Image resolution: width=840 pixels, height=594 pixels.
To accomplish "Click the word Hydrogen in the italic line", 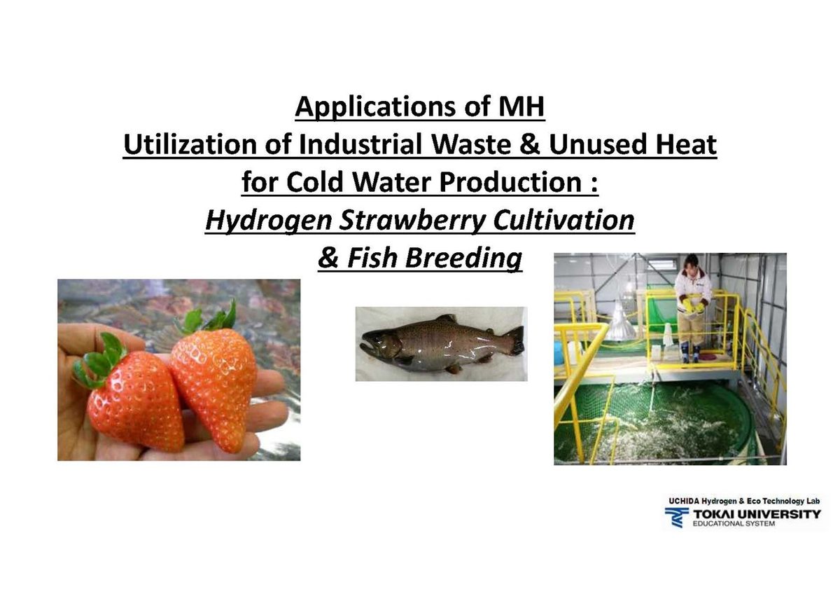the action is click(269, 221).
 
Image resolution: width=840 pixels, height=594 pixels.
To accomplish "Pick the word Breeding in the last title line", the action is click(463, 259).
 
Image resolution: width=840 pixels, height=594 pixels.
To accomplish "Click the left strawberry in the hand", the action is click(134, 399).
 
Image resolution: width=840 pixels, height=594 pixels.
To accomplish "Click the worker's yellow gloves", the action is click(692, 305).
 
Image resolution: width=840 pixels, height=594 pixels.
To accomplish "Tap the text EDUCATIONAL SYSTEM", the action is click(734, 524).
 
